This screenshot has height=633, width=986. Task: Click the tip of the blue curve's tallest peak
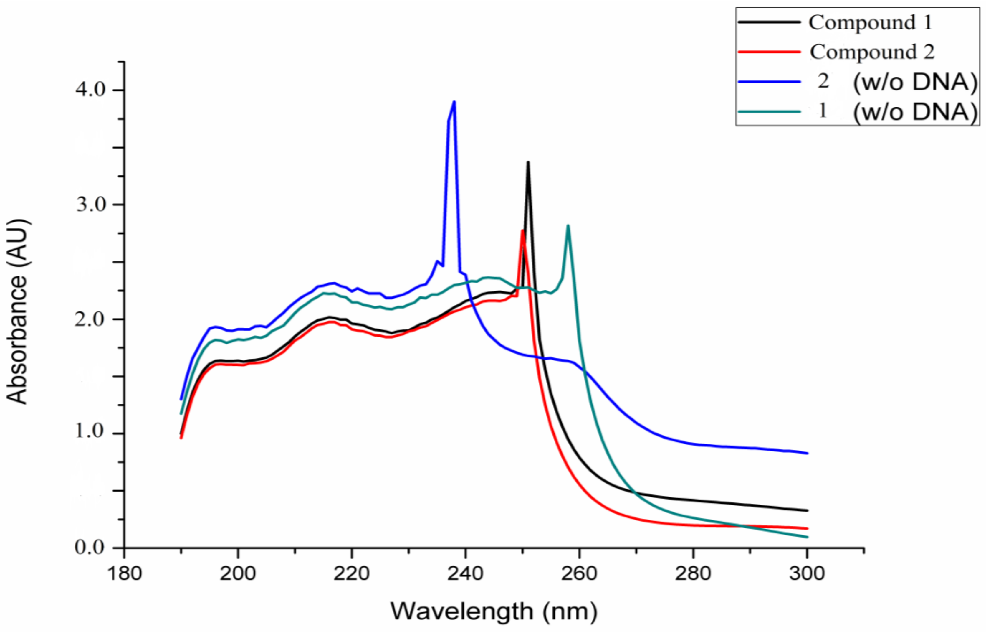tap(454, 102)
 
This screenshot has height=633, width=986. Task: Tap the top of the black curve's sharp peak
tap(528, 163)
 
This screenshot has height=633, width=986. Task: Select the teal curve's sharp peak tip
tap(568, 226)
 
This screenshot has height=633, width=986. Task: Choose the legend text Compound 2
tap(872, 52)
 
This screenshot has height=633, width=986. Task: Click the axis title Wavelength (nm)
tap(494, 611)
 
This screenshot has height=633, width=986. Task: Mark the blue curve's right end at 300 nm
tap(807, 453)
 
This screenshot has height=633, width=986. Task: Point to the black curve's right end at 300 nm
tap(807, 510)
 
